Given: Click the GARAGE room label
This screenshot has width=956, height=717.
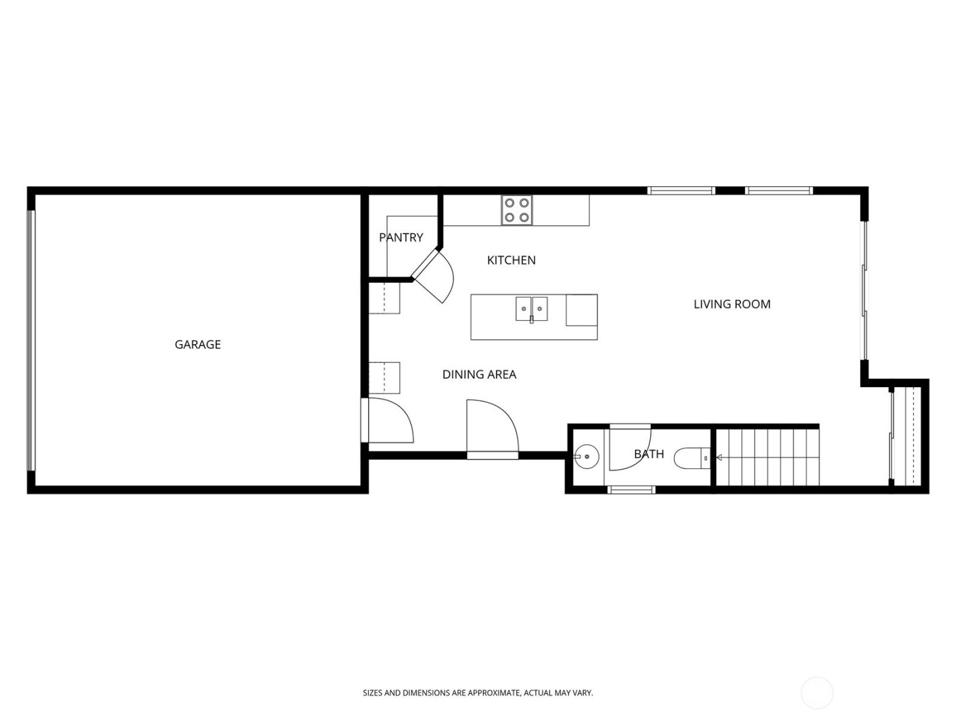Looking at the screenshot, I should tap(197, 344).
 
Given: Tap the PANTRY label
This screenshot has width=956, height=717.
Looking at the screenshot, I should tap(401, 237).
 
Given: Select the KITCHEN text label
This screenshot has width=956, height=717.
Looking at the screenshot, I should tap(511, 259).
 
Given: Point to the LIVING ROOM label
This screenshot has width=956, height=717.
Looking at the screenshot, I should tap(731, 304).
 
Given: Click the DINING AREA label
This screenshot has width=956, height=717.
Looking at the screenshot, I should tap(479, 374).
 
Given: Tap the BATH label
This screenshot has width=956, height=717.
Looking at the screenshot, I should tap(648, 453).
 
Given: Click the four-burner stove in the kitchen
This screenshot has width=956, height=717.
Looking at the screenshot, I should tap(517, 210).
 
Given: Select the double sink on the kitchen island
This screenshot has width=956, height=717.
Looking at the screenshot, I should tap(531, 309).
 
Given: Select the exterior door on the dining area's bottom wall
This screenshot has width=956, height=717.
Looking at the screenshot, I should tap(492, 429).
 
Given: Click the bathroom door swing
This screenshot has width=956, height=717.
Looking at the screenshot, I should tap(630, 448).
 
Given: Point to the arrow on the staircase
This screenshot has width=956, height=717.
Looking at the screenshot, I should tap(719, 458).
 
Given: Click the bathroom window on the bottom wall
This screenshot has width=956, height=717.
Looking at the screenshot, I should tap(631, 489).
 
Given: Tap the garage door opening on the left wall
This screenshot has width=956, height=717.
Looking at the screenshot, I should tap(31, 339).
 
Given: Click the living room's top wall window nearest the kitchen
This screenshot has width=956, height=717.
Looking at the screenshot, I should tap(681, 191).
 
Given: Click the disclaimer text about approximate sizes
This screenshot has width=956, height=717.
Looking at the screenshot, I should tap(477, 692).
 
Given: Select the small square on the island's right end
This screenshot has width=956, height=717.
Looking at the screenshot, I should tap(581, 310).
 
